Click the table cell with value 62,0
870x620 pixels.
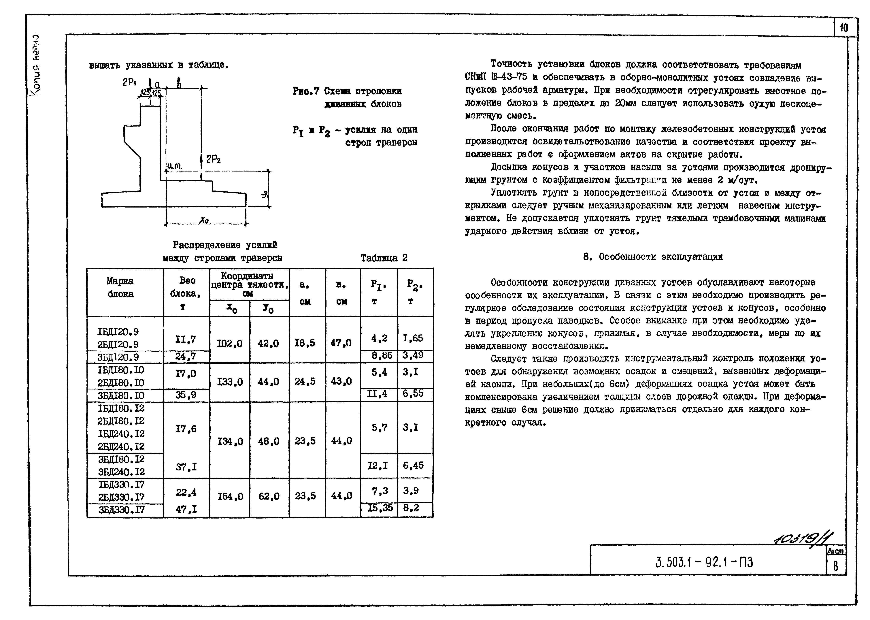269,496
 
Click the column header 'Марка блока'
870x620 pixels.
120,287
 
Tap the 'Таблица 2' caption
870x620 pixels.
384,258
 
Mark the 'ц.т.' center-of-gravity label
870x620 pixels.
174,166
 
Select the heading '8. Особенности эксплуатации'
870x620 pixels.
653,257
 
